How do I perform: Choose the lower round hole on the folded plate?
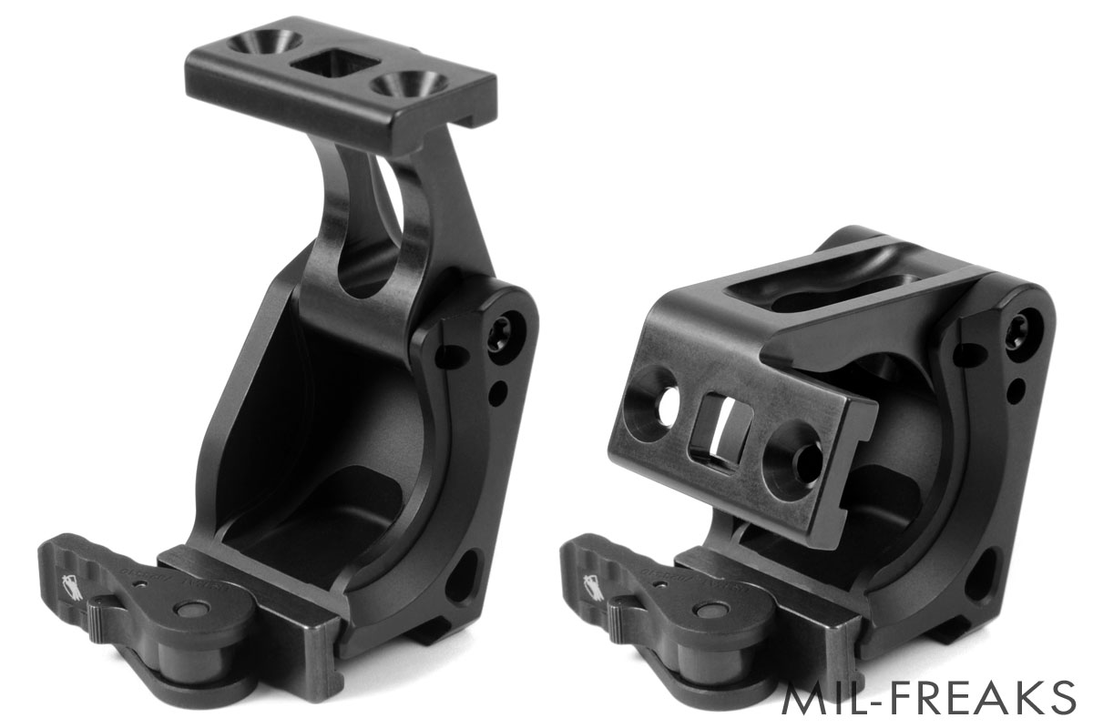click(x=793, y=463)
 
